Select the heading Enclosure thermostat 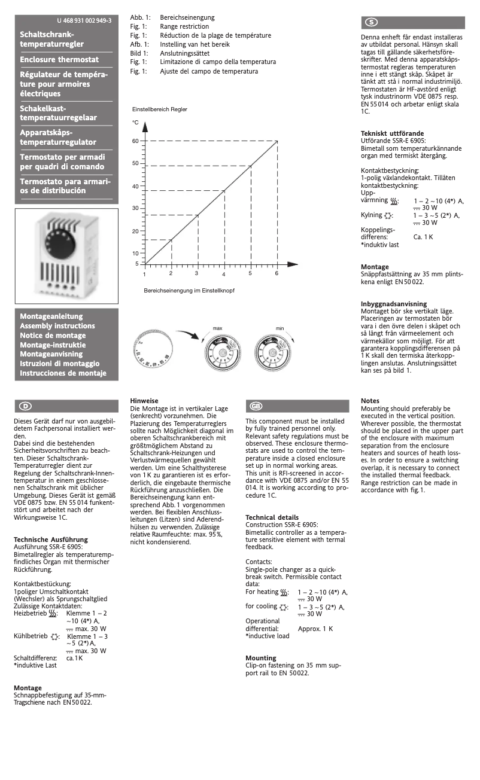pyautogui.click(x=59, y=60)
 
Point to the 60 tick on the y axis pyautogui.click(x=135, y=141)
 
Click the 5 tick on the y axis pyautogui.click(x=136, y=263)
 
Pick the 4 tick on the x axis pyautogui.click(x=224, y=274)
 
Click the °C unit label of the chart pyautogui.click(x=135, y=123)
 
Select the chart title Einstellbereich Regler pyautogui.click(x=159, y=109)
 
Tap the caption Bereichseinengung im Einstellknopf pyautogui.click(x=189, y=290)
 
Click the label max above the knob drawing pyautogui.click(x=218, y=328)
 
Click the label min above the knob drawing pyautogui.click(x=280, y=328)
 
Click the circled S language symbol pyautogui.click(x=371, y=22)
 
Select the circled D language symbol pyautogui.click(x=26, y=406)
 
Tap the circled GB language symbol pyautogui.click(x=256, y=406)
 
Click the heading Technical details pyautogui.click(x=272, y=517)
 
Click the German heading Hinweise pyautogui.click(x=144, y=401)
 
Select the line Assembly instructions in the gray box pyautogui.click(x=57, y=326)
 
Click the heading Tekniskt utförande pyautogui.click(x=392, y=133)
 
